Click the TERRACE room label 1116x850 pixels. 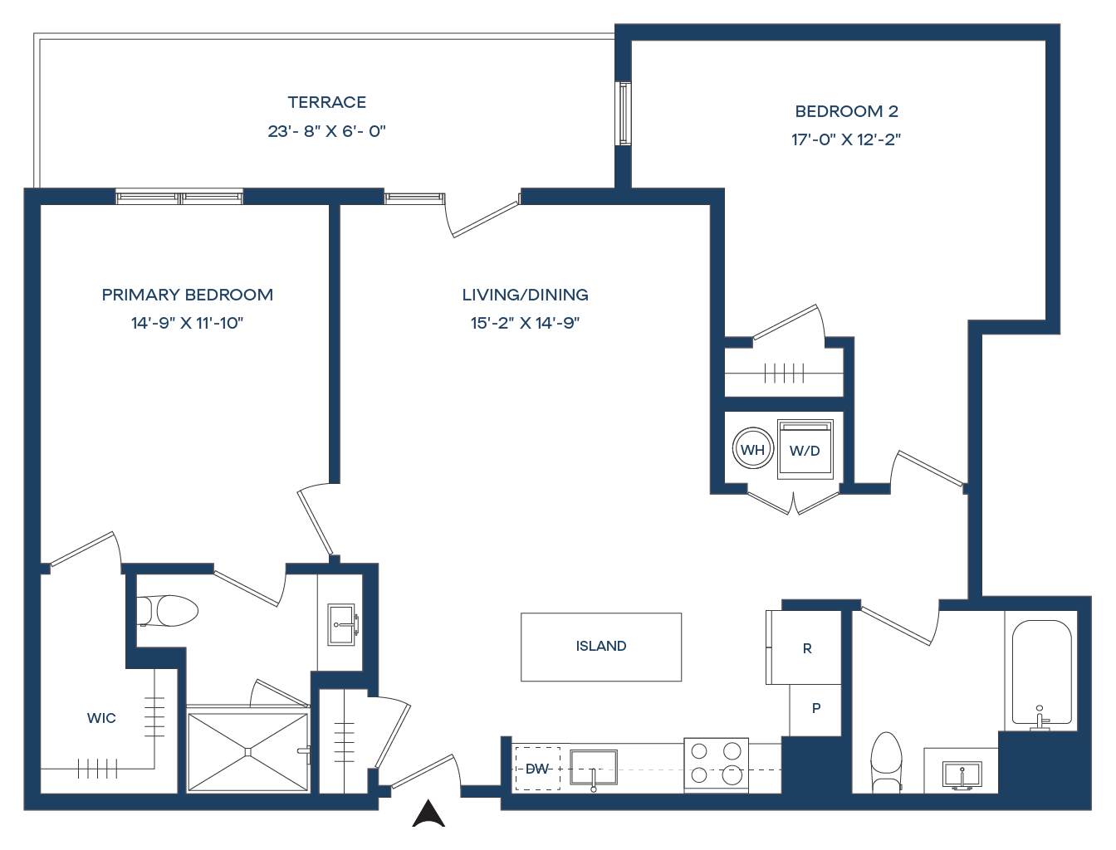coord(327,102)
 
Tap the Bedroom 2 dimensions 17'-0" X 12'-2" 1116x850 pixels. coord(846,139)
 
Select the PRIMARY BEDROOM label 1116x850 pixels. coord(187,295)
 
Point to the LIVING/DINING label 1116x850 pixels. coord(526,295)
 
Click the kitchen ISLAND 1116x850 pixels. coord(601,647)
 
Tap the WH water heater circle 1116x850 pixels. coord(752,449)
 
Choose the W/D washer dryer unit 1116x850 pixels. coord(805,450)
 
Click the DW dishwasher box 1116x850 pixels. coord(537,769)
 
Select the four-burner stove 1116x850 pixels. coord(716,765)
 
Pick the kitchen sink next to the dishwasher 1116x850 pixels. coord(594,768)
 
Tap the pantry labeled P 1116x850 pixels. coord(815,710)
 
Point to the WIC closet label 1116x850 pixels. coord(101,718)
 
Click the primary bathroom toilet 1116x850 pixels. coord(167,611)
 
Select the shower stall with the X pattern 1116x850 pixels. coord(248,752)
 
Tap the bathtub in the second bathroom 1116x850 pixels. coord(1042,673)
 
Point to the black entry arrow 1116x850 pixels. coord(428,813)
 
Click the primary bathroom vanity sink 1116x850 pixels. coord(341,624)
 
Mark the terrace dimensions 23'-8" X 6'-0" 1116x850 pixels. coord(327,132)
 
